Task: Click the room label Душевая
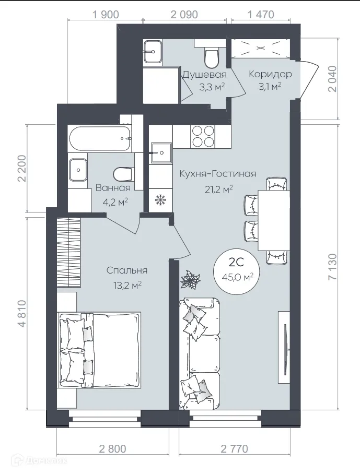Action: click(204, 74)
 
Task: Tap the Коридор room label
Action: click(270, 74)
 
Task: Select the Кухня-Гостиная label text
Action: click(218, 174)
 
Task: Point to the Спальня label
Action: click(126, 270)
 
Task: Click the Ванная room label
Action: click(112, 188)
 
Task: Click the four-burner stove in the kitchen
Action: click(202, 136)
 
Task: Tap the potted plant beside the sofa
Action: click(190, 280)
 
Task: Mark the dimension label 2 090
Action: click(184, 15)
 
